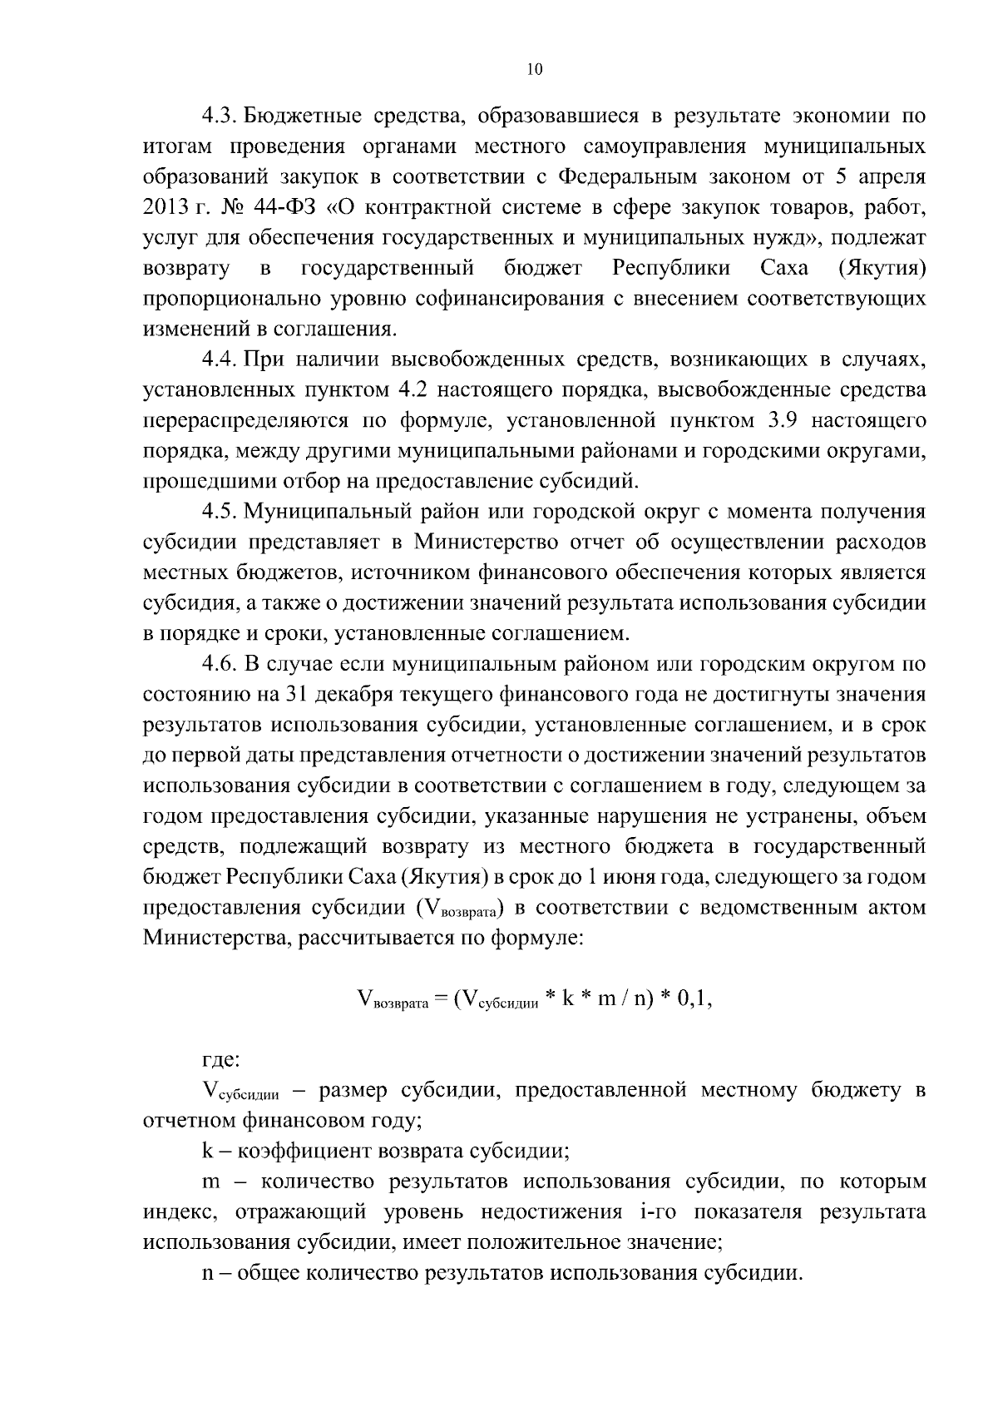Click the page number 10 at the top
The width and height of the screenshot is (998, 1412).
[535, 71]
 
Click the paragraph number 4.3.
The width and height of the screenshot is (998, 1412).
[219, 116]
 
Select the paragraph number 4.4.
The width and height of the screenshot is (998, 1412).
[219, 359]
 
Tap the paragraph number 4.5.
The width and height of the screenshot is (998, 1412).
[219, 511]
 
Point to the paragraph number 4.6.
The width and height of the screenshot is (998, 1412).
[219, 664]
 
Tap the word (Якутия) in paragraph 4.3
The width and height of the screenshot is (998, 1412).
[881, 268]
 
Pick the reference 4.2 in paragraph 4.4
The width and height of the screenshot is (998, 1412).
[411, 390]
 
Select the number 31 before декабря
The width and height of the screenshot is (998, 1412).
[298, 694]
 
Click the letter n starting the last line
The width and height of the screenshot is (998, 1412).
[208, 1273]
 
